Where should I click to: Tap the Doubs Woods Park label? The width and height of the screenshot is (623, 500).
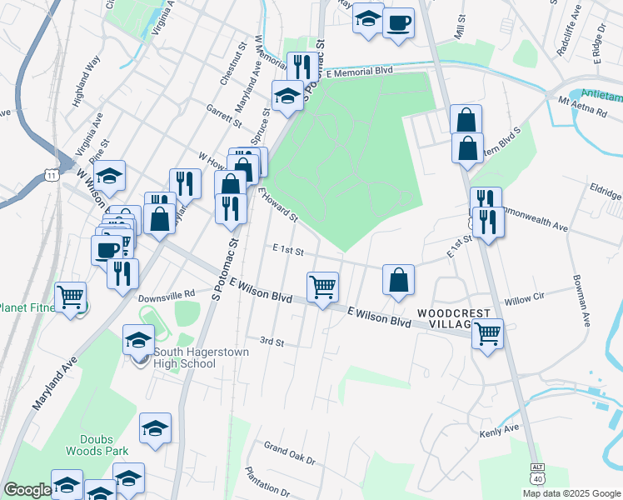pyautogui.click(x=102, y=445)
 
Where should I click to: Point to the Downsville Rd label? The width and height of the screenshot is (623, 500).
pyautogui.click(x=166, y=294)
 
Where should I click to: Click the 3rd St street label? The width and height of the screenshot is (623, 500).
pyautogui.click(x=272, y=342)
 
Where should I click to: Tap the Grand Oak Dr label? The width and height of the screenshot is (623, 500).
pyautogui.click(x=289, y=460)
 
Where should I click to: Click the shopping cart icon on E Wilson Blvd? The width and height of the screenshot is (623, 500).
pyautogui.click(x=323, y=287)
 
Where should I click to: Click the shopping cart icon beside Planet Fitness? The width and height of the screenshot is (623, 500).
pyautogui.click(x=70, y=296)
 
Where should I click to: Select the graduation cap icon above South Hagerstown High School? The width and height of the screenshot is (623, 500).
pyautogui.click(x=139, y=339)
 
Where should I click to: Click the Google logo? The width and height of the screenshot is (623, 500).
pyautogui.click(x=27, y=490)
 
